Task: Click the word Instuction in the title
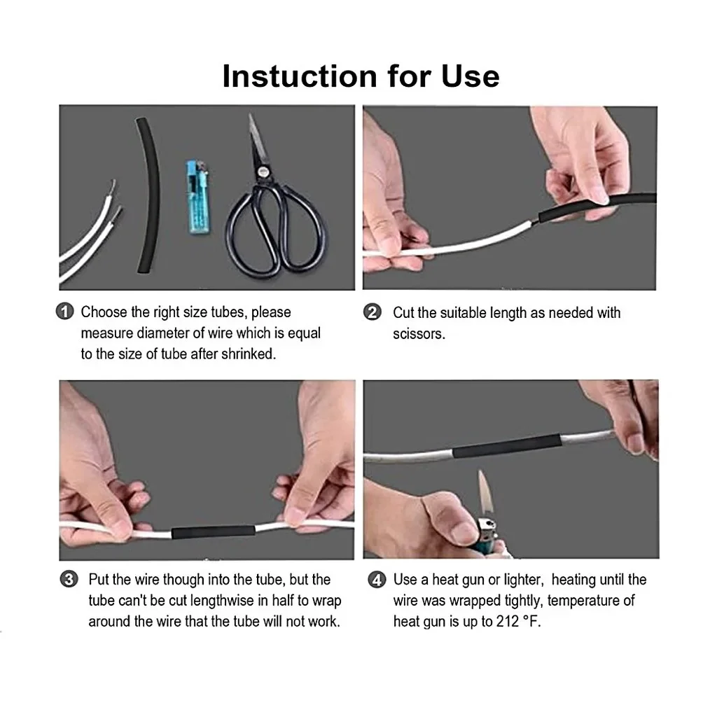point(298,76)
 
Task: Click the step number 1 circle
point(64,312)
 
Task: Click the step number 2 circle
point(373,312)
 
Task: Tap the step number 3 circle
point(69,579)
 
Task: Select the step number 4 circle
point(377,580)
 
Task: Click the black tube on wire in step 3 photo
point(213,531)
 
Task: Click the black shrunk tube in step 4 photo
point(507,445)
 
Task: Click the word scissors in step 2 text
point(418,334)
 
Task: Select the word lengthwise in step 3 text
point(221,601)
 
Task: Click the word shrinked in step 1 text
point(248,354)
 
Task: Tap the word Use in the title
point(471,76)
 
